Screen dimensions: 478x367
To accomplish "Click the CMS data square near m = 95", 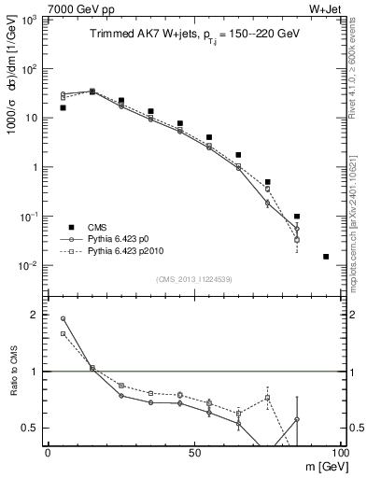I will pos(326,257).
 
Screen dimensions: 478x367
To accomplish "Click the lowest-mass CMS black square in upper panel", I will pos(63,107).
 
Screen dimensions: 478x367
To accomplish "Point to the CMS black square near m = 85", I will pos(297,217).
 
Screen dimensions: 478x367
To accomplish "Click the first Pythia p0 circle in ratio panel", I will pos(63,318).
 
